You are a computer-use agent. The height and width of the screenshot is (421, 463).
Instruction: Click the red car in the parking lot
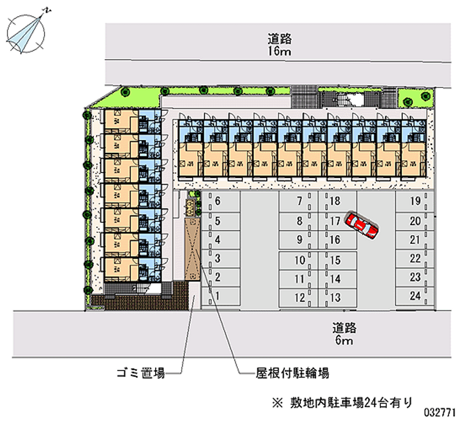click(x=361, y=225)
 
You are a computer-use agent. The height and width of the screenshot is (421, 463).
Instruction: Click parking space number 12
click(x=299, y=298)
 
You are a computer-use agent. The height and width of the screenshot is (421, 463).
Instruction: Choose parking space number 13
click(x=336, y=298)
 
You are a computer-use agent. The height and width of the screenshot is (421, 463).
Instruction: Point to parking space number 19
click(x=414, y=202)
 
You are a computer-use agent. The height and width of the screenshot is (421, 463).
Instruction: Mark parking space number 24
click(x=414, y=296)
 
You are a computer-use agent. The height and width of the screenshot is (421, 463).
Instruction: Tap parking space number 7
click(x=299, y=202)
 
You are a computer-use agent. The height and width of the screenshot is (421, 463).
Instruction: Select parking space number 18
click(x=336, y=202)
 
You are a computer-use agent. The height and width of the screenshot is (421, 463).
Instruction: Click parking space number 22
click(x=414, y=258)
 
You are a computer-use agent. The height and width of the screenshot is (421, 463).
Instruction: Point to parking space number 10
click(x=299, y=261)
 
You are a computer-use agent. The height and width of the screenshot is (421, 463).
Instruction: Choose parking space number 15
click(x=336, y=261)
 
